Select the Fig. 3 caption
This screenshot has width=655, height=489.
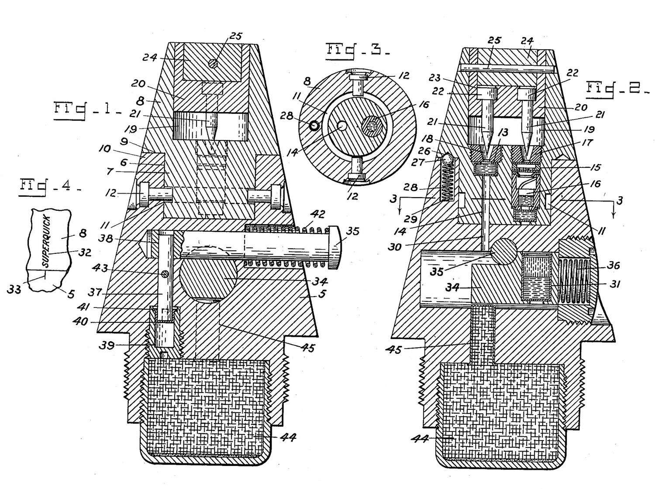pyautogui.click(x=358, y=51)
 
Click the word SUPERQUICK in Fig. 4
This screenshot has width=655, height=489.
pyautogui.click(x=46, y=242)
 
